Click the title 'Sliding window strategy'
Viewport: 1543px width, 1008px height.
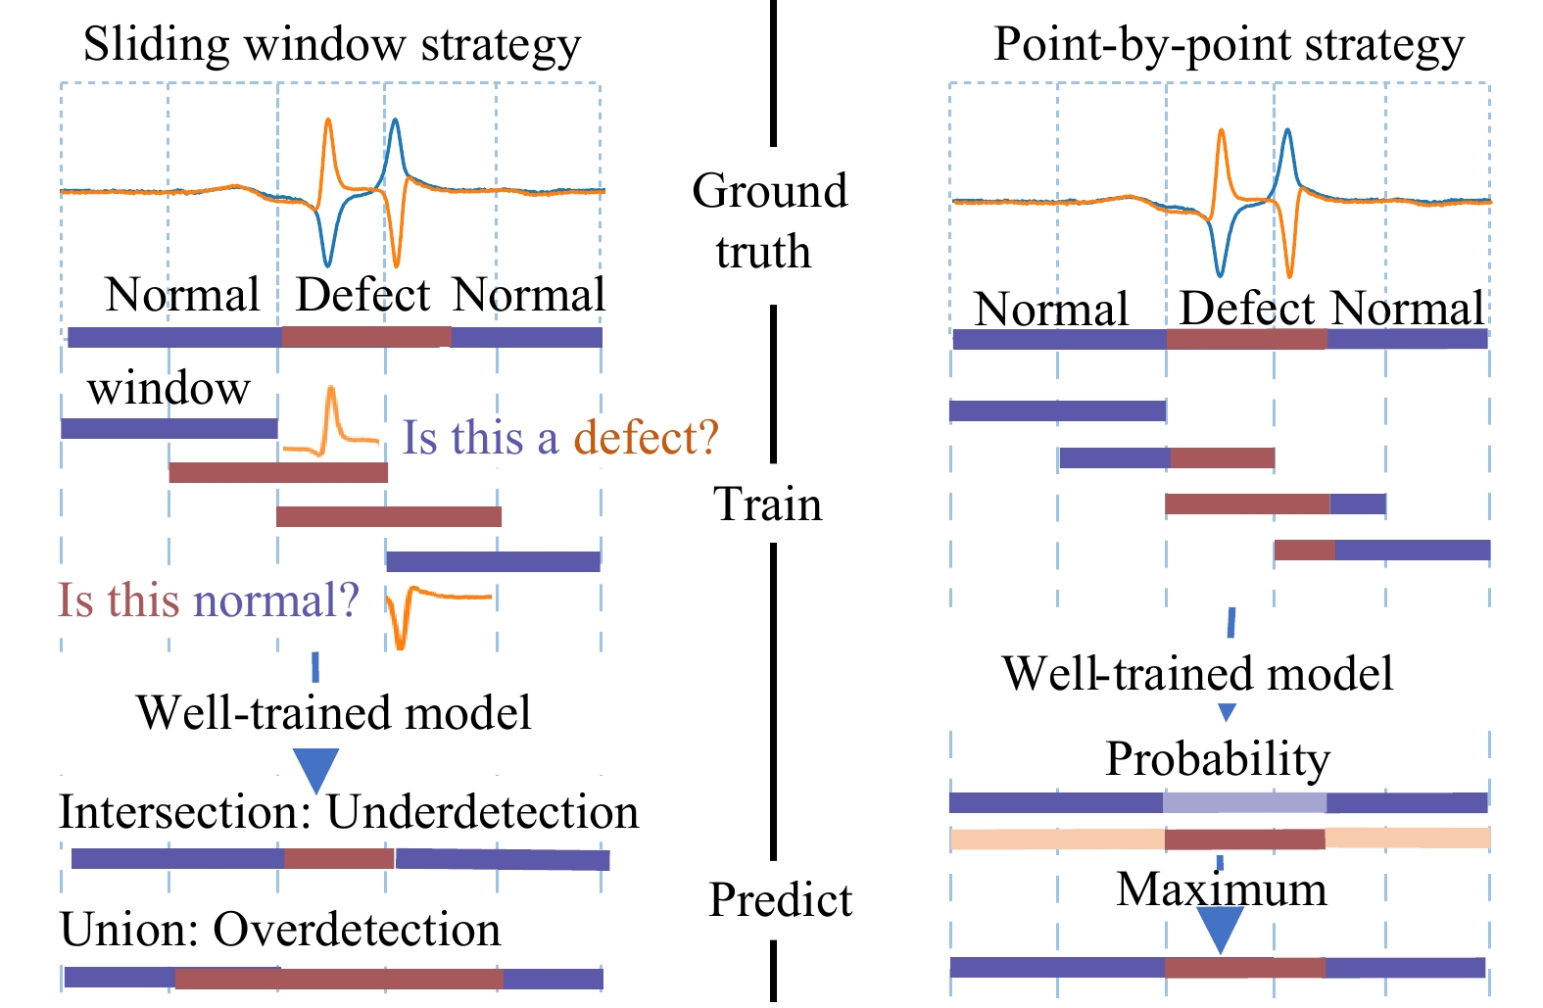click(332, 45)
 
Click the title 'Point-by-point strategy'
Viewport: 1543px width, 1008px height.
click(1229, 45)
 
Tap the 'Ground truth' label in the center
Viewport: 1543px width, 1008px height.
click(769, 220)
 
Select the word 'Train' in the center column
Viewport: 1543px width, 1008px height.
click(767, 504)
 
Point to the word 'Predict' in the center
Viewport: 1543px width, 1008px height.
click(781, 900)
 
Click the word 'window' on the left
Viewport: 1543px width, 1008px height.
click(169, 387)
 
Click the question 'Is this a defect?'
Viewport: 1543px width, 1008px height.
click(560, 437)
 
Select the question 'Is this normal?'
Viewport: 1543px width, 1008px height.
click(208, 600)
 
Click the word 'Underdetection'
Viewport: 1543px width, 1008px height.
click(482, 812)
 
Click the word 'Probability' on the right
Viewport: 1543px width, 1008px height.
click(1218, 760)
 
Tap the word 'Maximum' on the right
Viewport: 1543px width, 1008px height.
click(1222, 888)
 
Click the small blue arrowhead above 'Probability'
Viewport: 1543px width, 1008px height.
click(1227, 712)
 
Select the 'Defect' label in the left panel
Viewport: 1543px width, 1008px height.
click(362, 295)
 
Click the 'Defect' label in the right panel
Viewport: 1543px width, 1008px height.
click(1247, 308)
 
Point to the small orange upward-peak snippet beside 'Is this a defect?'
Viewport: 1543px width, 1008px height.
click(331, 421)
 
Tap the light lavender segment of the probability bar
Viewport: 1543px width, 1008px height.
click(1245, 802)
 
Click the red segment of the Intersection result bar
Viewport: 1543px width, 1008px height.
click(339, 858)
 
